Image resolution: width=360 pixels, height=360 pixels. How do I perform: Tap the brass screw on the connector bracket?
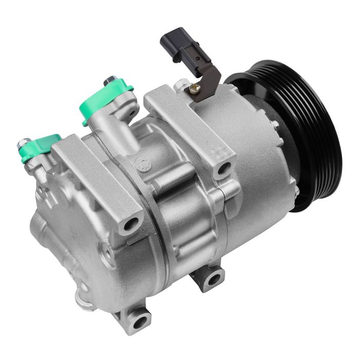click(195, 88)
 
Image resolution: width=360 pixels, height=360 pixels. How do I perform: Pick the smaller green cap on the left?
click(41, 146)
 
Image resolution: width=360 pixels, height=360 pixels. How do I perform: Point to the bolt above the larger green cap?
click(110, 81)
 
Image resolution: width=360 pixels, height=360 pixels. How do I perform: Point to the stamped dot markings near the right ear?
click(222, 151)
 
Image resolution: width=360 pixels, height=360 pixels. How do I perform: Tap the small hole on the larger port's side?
click(133, 113)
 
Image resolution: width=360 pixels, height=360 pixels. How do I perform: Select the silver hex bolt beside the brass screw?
click(181, 84)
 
